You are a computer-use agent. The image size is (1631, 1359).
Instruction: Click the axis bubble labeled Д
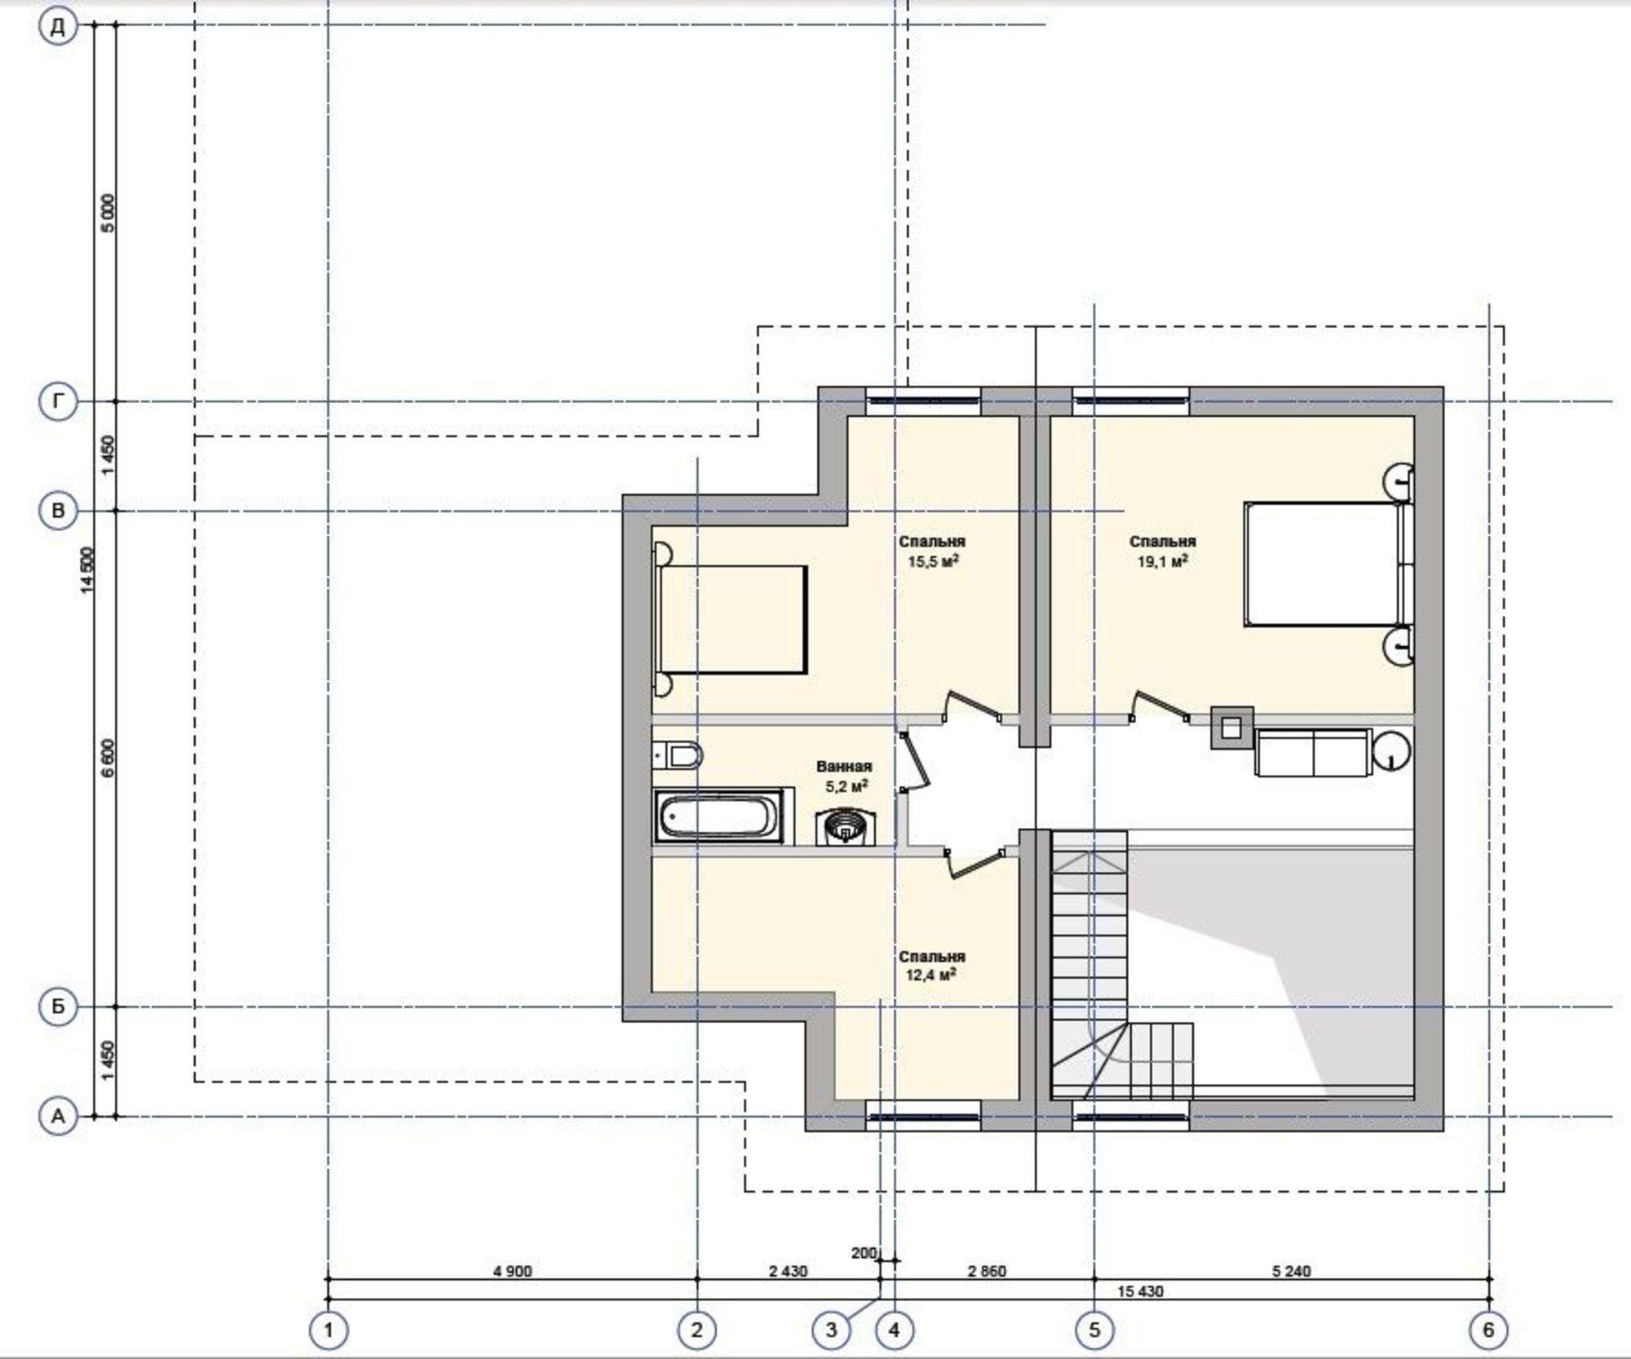[58, 27]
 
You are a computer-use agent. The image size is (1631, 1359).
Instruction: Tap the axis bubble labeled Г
[58, 401]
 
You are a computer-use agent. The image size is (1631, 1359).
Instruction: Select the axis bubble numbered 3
[831, 1330]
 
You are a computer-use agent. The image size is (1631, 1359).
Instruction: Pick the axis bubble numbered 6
[1488, 1330]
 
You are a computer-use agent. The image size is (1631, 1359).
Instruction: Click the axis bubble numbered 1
[329, 1330]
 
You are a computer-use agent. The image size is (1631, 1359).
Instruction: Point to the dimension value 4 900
[512, 1271]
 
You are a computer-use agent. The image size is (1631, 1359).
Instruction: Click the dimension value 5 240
[1292, 1271]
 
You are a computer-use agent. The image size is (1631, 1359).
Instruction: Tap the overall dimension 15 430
[1140, 1291]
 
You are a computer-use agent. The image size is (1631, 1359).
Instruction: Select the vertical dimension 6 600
[109, 758]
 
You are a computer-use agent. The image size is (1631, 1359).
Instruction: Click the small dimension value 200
[864, 1253]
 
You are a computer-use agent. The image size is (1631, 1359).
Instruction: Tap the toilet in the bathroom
[678, 756]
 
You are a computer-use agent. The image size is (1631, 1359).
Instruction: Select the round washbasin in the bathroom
[842, 827]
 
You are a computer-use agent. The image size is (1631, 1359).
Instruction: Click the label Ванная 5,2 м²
[845, 777]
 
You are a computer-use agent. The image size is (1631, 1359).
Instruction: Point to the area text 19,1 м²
[1162, 561]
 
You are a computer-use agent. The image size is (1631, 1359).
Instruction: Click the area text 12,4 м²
[931, 976]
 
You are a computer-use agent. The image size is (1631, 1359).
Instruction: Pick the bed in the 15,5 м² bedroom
[731, 620]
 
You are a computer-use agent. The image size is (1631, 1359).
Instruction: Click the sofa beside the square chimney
[1312, 752]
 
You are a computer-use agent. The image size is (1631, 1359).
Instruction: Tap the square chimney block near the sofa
[1231, 727]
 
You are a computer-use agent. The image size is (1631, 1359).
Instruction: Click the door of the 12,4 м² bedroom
[976, 864]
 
